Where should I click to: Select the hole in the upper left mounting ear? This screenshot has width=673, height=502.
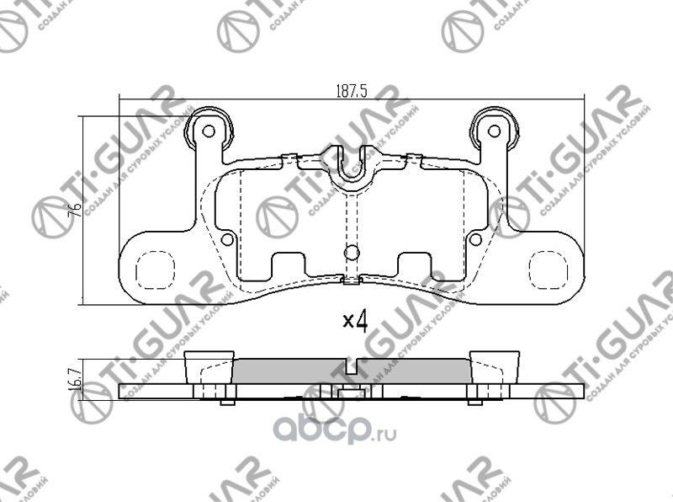tap(209, 131)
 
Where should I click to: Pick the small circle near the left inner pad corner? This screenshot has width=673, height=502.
tap(227, 239)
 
